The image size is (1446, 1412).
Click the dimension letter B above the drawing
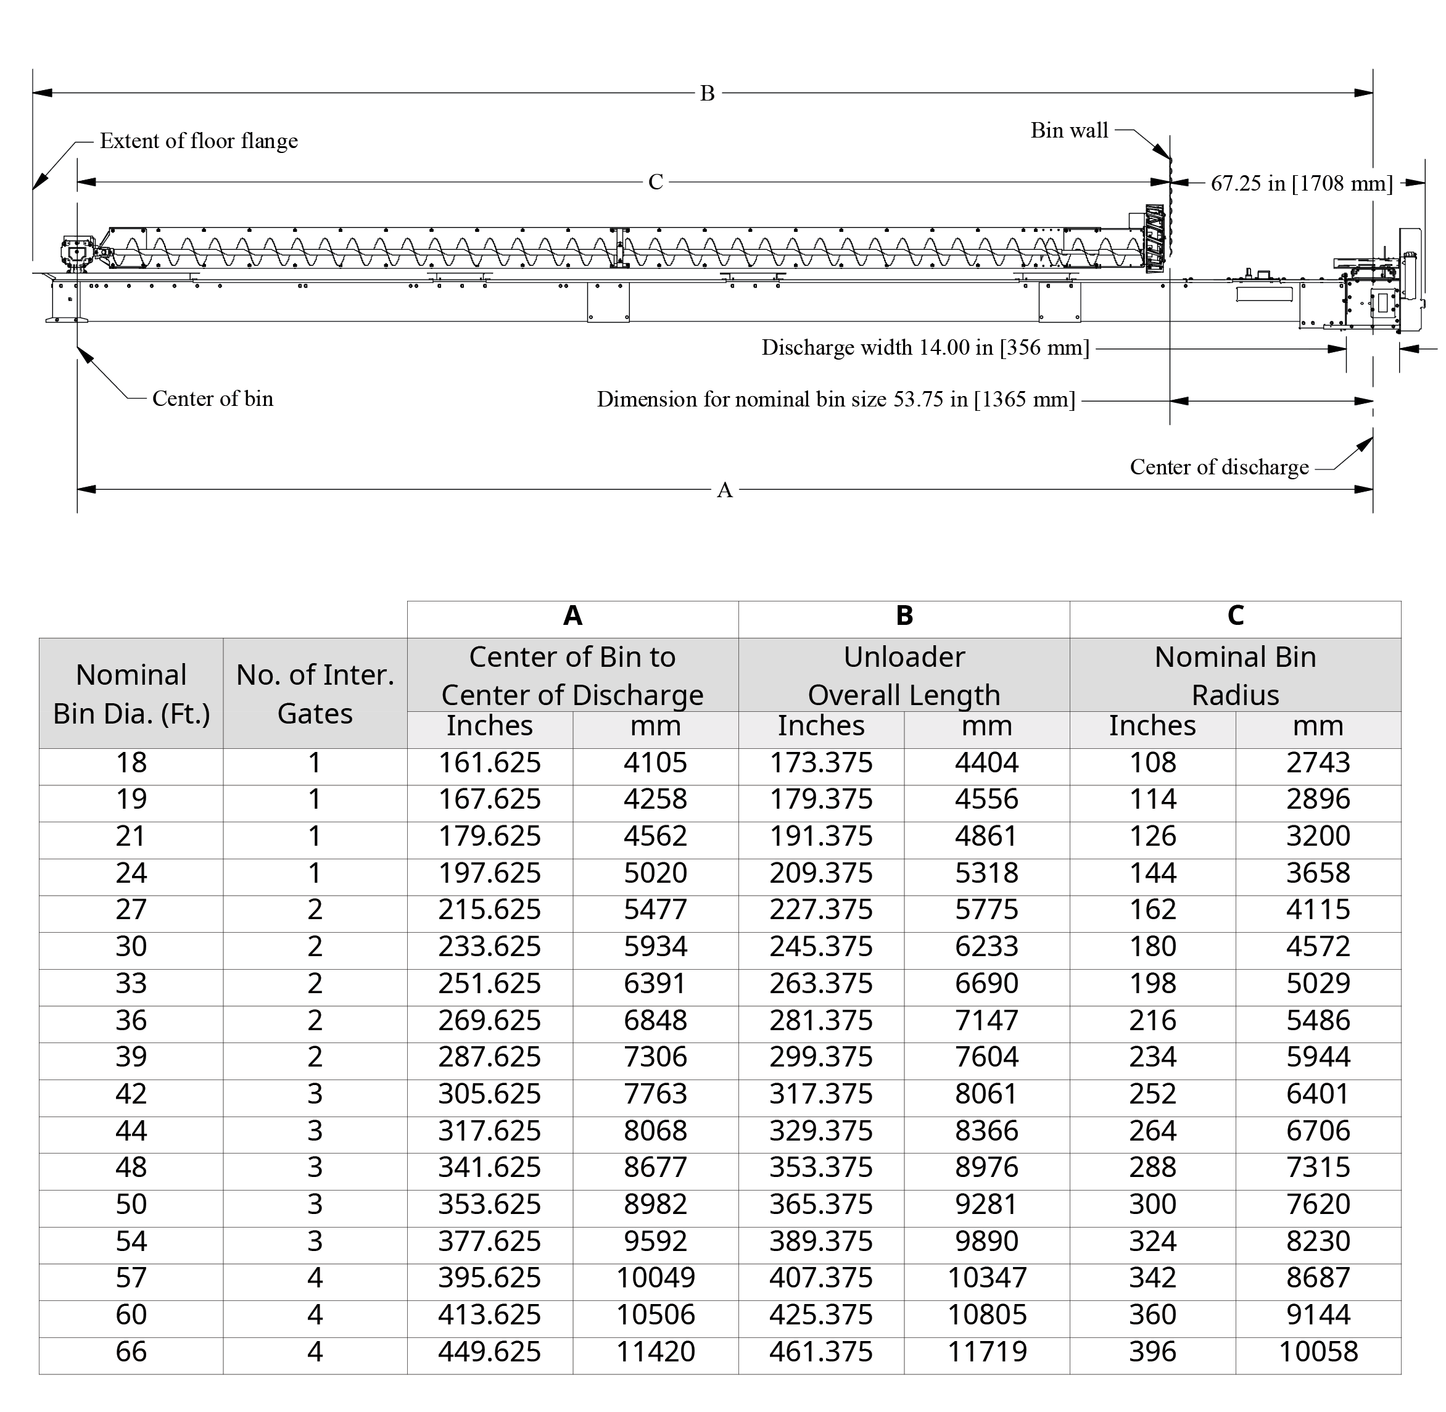click(707, 93)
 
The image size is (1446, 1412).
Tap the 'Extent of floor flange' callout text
click(199, 141)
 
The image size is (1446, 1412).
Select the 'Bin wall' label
click(1068, 131)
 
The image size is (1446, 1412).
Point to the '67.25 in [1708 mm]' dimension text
click(1302, 183)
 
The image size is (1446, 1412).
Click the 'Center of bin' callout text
click(213, 399)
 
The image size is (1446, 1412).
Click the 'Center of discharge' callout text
click(1219, 467)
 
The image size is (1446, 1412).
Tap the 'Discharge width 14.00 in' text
click(925, 348)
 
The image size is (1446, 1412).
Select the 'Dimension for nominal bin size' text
click(836, 400)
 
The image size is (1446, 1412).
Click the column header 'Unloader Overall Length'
click(903, 675)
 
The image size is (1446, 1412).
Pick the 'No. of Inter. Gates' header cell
click(315, 693)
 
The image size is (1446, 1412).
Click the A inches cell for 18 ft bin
click(489, 762)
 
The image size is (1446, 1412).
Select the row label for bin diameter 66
click(131, 1351)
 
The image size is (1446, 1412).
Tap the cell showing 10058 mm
click(1318, 1351)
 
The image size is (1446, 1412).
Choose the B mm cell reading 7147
click(986, 1020)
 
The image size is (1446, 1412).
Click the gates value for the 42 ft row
click(315, 1094)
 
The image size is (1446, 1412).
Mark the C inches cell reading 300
click(1152, 1204)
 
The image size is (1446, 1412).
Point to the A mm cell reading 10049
click(656, 1278)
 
